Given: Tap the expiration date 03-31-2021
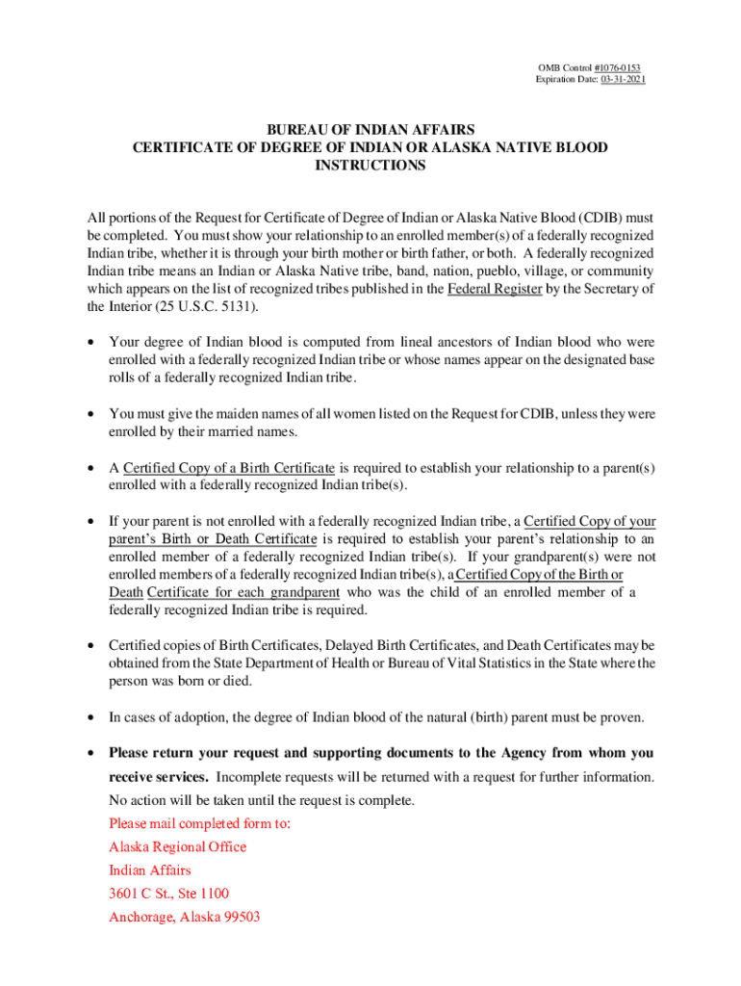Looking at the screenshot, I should (x=623, y=78).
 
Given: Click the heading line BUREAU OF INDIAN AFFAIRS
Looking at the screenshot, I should (x=370, y=129).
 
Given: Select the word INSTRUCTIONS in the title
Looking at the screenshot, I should (x=370, y=166).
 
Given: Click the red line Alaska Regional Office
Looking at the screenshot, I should (x=177, y=847).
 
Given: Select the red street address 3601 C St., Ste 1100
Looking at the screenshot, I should (x=168, y=894).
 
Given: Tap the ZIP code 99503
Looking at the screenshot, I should (x=240, y=918).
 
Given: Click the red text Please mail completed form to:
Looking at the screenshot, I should (x=199, y=824).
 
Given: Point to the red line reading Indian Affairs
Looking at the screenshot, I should (x=149, y=870).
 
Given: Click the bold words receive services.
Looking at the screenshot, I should (x=158, y=777).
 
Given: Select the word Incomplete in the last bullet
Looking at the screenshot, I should (x=248, y=777).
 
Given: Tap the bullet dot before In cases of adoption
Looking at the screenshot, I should (x=90, y=717).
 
